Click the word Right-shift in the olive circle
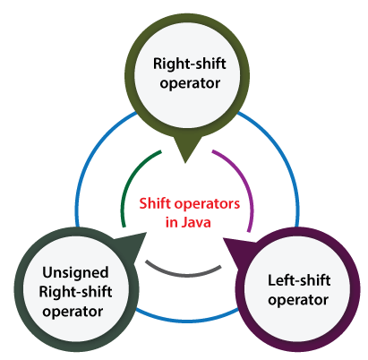coord(190,64)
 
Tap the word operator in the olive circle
coord(190,84)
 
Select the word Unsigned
coord(75,273)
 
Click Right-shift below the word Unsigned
coord(75,292)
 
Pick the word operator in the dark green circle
coord(73,313)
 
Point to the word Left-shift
coord(299,280)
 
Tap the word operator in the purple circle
coord(298,300)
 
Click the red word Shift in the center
coord(155,203)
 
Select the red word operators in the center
coord(207,205)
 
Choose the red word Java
coord(196,222)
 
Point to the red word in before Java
coord(172,223)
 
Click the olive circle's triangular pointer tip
coord(185,163)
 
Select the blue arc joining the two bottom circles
coord(187,321)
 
